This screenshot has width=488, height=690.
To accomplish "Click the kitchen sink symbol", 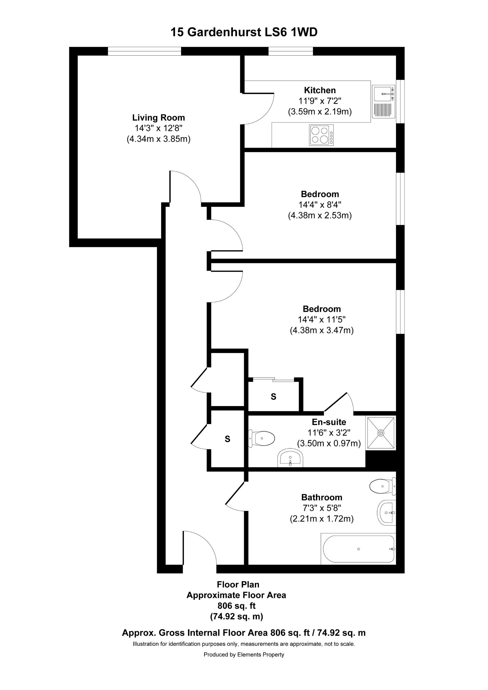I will click(383, 101).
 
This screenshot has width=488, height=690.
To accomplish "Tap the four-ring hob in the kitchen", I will click(321, 135).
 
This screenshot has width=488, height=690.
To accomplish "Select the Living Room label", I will click(158, 117).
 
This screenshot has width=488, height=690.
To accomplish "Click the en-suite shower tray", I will click(381, 433).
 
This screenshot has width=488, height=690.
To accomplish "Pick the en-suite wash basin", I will click(290, 458).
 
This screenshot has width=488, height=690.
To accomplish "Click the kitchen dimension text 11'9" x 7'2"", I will click(319, 101).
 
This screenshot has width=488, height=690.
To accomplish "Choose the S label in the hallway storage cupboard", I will click(227, 439).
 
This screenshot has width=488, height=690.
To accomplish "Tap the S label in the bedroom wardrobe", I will click(273, 397).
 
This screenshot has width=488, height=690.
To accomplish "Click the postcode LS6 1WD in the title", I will click(291, 32).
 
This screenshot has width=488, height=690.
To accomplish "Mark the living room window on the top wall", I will click(144, 51).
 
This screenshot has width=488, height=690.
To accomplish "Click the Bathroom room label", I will click(321, 497).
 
